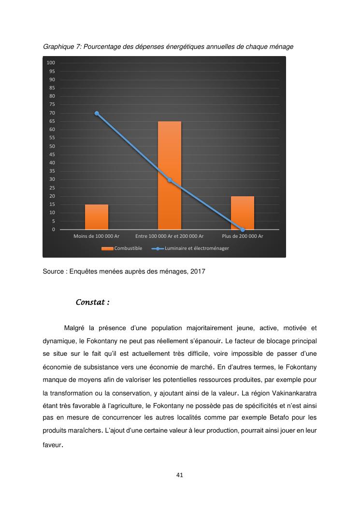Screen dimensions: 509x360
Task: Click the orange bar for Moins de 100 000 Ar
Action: (x=97, y=217)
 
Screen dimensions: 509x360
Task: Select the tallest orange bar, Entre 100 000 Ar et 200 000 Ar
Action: (x=170, y=175)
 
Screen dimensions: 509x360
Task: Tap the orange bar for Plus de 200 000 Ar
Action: (x=243, y=213)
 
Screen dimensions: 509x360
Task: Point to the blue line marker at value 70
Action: (x=97, y=113)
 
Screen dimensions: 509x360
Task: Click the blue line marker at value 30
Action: (x=170, y=180)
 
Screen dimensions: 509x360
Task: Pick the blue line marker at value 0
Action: (x=243, y=230)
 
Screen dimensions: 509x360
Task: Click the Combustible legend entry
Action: (x=122, y=248)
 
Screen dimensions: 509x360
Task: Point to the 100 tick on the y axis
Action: (x=51, y=63)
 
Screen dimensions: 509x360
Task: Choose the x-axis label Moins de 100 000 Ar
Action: (x=97, y=236)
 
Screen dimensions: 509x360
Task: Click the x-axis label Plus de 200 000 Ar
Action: (x=243, y=236)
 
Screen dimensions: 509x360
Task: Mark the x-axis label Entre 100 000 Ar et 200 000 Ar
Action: (x=170, y=236)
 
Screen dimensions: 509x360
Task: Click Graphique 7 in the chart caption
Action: (x=61, y=47)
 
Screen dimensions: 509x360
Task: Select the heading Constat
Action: (x=92, y=303)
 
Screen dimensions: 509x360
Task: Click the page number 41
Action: (x=180, y=475)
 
